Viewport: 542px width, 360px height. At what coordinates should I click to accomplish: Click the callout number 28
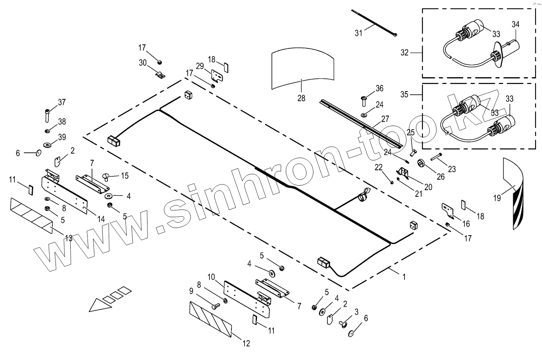click(301, 98)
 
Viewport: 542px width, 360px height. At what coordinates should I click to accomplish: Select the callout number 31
click(359, 33)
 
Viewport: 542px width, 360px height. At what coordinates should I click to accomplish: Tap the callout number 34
click(515, 24)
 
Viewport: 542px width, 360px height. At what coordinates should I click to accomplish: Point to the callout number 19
click(497, 198)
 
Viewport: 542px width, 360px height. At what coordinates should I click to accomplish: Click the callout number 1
click(404, 277)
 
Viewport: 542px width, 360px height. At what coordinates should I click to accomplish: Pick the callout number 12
click(246, 343)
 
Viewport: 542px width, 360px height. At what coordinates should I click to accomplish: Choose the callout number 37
click(62, 102)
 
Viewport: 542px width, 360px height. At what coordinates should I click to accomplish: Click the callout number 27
click(385, 118)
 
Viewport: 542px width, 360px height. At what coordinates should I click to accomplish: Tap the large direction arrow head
click(98, 306)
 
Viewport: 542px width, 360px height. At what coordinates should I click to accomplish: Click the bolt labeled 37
click(48, 116)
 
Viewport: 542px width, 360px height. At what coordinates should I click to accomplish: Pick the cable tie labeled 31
click(374, 23)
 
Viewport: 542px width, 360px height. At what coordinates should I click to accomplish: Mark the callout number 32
click(405, 52)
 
